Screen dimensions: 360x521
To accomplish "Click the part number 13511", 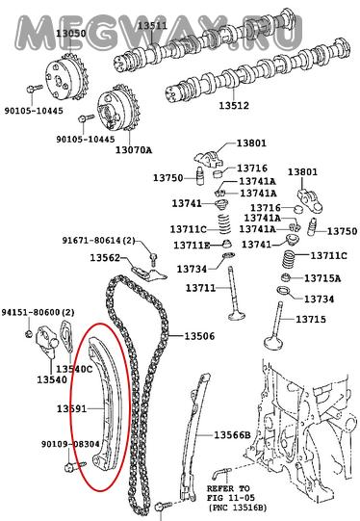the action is [x=152, y=25].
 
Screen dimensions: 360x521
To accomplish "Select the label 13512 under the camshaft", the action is [x=234, y=105].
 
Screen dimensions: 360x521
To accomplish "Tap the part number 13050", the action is [x=70, y=34].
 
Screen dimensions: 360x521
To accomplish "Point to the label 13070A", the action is [x=134, y=150].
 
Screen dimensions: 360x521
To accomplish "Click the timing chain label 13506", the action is [x=199, y=336].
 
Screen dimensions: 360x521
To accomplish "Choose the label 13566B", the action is [x=232, y=434].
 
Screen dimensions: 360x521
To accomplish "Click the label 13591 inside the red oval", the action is [x=71, y=408].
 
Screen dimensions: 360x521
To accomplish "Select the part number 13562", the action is [x=105, y=258].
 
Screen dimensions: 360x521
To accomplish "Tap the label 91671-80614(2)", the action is [x=98, y=240].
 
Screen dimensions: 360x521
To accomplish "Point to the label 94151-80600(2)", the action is [x=39, y=312].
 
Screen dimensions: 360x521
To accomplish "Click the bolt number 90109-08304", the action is [x=70, y=444].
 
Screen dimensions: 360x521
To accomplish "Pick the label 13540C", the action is [x=74, y=369].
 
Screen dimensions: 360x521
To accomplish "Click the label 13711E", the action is [x=192, y=246].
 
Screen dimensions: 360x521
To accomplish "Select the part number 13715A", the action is [x=322, y=278].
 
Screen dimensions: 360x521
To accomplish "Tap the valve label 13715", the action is [x=311, y=320].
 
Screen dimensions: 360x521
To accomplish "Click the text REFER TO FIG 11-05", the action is [x=230, y=493].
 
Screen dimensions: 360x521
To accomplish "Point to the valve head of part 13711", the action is [x=237, y=315].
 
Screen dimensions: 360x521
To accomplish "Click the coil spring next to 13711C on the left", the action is [x=224, y=223].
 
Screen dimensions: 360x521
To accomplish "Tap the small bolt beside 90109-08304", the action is [x=75, y=466].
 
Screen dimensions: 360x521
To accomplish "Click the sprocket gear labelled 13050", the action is [x=65, y=80].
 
